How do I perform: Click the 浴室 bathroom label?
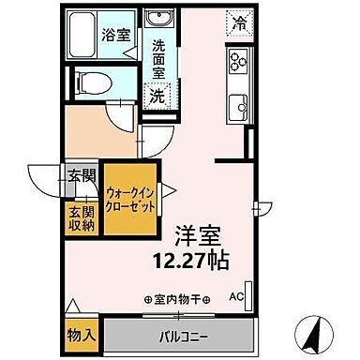tap(115, 37)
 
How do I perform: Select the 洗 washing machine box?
tap(158, 94)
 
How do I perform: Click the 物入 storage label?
tap(82, 334)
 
